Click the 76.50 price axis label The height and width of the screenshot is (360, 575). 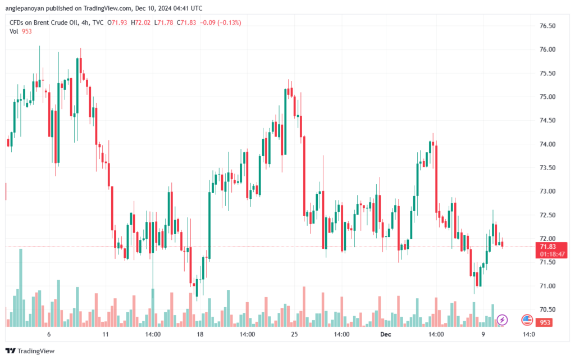click(547, 26)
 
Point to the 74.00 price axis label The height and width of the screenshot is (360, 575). click(547, 144)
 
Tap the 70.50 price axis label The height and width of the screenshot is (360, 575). click(547, 309)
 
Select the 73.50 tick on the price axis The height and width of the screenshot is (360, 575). click(547, 168)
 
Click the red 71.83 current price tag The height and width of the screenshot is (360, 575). click(547, 247)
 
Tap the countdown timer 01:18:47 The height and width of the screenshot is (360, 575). click(551, 254)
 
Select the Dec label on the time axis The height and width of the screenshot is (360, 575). click(386, 334)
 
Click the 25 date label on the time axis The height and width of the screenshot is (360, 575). click(294, 334)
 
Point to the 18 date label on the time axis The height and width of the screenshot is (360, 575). click(199, 334)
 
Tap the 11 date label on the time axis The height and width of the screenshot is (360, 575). click(105, 334)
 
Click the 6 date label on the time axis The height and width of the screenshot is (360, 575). click(49, 334)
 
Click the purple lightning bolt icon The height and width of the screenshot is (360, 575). click(502, 320)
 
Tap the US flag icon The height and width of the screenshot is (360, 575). click(527, 320)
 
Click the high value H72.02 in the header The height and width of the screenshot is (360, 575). click(134, 22)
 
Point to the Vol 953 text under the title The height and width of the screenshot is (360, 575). click(21, 31)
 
